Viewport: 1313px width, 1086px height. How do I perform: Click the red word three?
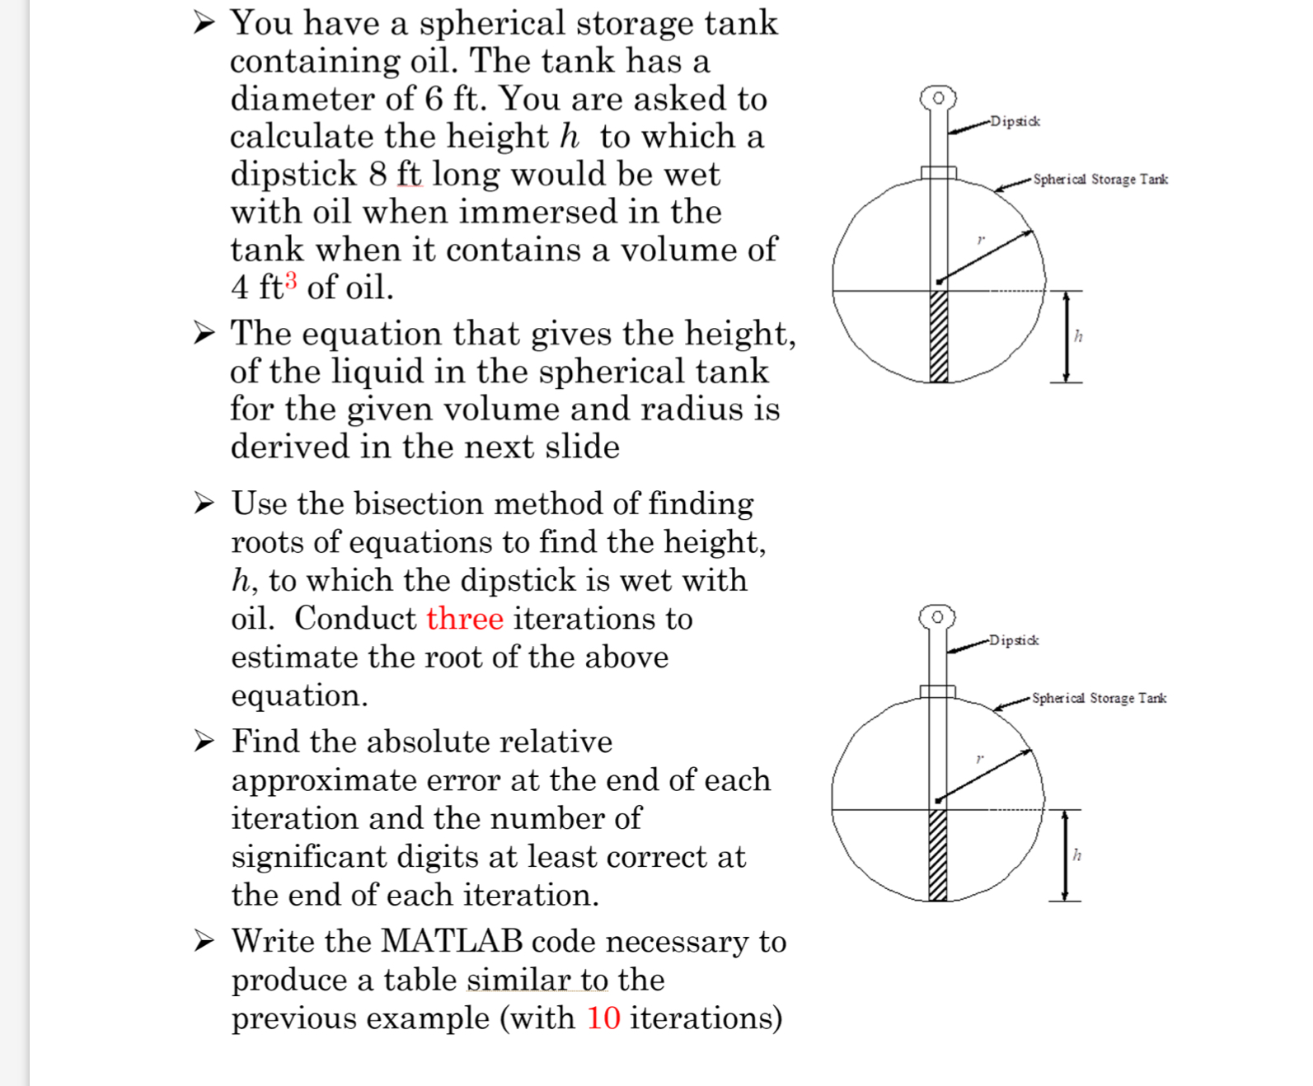point(464,619)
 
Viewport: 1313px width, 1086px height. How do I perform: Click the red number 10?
point(603,1018)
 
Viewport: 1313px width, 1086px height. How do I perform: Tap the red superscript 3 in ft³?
point(291,280)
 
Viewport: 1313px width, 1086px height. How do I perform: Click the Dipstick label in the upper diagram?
point(1015,122)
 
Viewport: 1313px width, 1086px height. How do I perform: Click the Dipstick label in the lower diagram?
point(1014,640)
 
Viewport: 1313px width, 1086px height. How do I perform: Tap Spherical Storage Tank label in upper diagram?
point(1100,180)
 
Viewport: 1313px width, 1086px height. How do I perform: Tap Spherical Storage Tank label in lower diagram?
point(1099,698)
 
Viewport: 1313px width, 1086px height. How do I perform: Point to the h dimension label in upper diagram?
point(1078,336)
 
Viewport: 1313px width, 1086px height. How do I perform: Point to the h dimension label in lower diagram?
point(1076,854)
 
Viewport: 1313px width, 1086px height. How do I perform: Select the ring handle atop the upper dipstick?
point(938,97)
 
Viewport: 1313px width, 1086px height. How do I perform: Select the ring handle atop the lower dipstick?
point(937,616)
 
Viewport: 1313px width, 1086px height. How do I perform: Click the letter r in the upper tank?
point(980,240)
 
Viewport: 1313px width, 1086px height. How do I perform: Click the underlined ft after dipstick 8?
point(409,175)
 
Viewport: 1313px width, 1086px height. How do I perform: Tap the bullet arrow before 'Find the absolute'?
point(204,742)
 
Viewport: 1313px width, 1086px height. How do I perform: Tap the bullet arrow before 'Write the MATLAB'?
point(204,940)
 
